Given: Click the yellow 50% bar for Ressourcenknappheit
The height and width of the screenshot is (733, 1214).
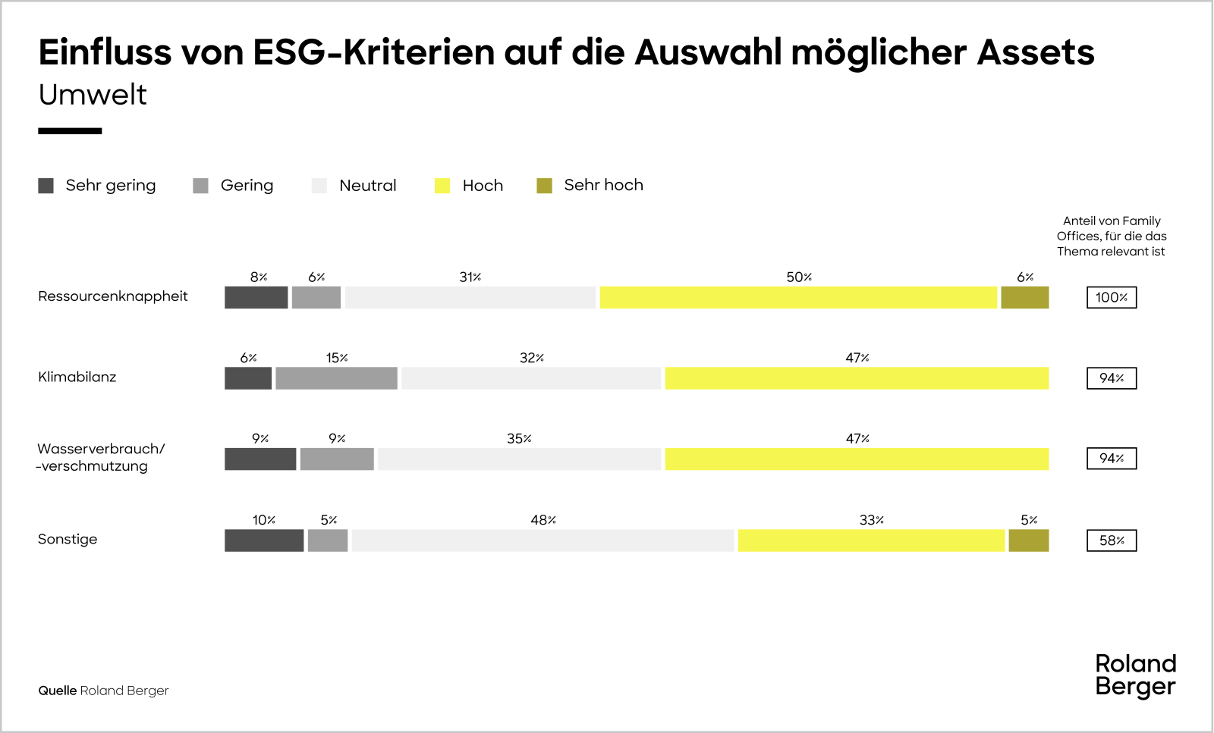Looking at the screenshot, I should (798, 298).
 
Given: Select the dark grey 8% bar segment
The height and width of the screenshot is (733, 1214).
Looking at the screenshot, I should (256, 298).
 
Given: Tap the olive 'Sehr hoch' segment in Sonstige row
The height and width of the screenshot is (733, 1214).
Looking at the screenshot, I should (1028, 540).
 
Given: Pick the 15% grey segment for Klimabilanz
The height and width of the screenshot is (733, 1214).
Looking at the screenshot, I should (336, 378).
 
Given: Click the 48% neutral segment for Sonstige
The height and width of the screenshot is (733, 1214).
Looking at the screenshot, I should (543, 540).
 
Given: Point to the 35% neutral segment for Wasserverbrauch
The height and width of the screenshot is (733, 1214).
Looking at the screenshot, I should (519, 459).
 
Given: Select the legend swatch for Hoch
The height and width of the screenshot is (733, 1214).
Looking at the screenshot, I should (442, 186).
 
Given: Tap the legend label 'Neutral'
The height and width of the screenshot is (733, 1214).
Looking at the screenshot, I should (367, 186).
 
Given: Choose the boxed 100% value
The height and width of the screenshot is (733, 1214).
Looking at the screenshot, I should (1112, 298).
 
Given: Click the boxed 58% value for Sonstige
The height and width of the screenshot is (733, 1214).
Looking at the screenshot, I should (1112, 540).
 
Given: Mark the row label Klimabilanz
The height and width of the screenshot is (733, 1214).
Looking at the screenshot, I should (77, 377).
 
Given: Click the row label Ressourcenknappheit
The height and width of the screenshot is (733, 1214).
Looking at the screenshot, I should (113, 296).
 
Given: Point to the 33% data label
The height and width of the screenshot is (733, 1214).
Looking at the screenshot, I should (871, 520).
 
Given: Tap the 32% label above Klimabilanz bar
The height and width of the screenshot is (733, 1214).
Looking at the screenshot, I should (531, 358).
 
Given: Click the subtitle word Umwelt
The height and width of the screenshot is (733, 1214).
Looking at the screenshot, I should (93, 95).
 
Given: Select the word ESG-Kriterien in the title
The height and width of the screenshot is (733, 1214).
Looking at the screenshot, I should (373, 52).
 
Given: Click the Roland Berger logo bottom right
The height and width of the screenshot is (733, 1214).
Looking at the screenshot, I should (1135, 675).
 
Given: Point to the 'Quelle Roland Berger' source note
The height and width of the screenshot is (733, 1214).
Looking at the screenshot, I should (103, 691).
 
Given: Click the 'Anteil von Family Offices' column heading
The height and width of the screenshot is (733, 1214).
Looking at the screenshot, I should (1112, 236).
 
